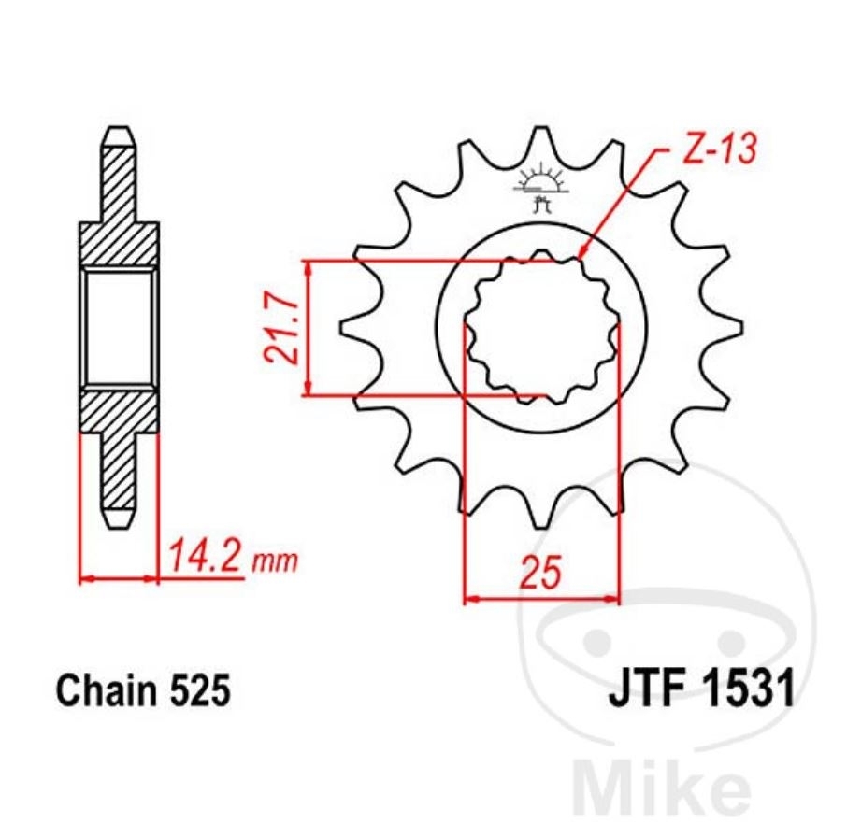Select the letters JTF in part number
(647, 691)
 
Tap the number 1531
(747, 691)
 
